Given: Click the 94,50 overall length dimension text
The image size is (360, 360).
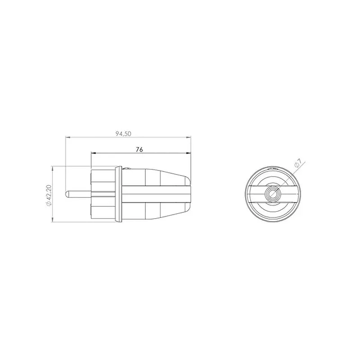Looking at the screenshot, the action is pos(123,134).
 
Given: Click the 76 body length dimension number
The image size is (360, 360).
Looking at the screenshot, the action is pos(139,149).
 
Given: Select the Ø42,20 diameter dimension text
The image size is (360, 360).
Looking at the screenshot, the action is pos(49,195).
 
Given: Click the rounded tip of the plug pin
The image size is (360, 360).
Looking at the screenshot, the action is pos(67,194).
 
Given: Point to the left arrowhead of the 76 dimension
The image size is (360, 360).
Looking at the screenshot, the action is pos(93,153).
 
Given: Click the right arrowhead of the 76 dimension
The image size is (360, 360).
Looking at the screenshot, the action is pos(189,153).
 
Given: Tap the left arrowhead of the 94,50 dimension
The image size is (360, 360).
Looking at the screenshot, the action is pos(68,138).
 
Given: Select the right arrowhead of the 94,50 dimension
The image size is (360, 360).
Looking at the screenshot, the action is pos(189,138).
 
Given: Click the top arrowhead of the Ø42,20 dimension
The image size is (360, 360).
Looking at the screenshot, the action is pos(53,168).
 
